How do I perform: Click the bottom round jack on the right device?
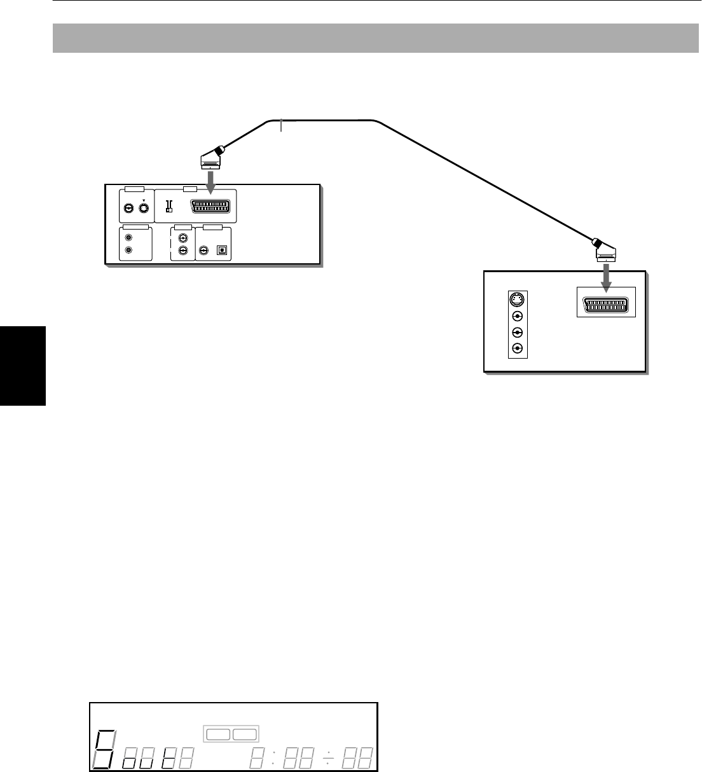[518, 348]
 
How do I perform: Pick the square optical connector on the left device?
[222, 251]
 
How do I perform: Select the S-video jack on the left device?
[144, 207]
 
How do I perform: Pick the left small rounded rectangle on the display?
[217, 734]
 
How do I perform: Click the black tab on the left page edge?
[23, 365]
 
